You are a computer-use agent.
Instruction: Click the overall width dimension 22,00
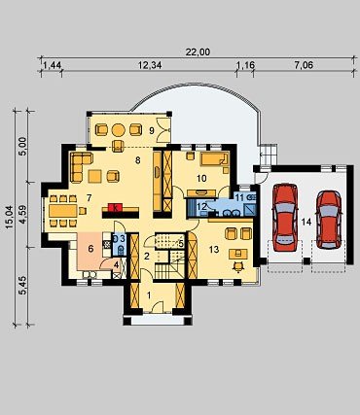198,52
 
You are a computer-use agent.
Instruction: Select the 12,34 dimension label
150,65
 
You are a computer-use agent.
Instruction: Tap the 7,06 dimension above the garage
304,65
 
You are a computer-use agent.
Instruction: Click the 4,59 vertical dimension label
22,213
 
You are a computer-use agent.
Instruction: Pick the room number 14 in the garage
306,223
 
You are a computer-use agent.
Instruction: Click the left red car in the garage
285,218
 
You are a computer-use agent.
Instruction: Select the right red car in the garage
329,220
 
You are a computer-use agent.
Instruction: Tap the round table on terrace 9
119,130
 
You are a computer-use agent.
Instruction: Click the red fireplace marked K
115,207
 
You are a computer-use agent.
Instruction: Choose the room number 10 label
201,178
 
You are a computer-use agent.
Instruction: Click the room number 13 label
214,249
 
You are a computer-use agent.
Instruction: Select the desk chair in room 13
238,266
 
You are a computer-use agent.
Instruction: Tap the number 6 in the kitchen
90,249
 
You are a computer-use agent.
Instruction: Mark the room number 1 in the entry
149,295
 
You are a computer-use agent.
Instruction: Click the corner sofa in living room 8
79,166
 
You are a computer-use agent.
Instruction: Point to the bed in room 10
214,159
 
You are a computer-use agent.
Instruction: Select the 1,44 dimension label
52,65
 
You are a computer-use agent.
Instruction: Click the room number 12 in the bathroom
201,206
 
